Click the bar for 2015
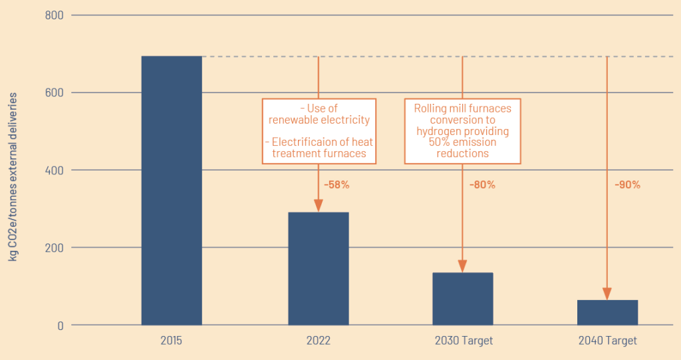coord(172,190)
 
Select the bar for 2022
coord(319,269)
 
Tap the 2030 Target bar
coord(463,299)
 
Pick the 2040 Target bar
coord(607,312)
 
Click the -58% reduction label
coord(337,185)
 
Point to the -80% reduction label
coord(482,185)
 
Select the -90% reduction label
coord(627,185)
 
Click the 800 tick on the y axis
coord(55,15)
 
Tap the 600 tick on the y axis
coord(55,92)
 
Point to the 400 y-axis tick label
coord(55,170)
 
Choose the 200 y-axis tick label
coord(55,248)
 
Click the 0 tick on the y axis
coord(61,325)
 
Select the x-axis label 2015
coord(171,340)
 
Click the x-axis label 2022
coord(319,340)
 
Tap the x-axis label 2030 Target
coord(464,340)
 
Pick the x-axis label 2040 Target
coord(608,340)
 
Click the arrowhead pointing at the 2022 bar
coord(319,206)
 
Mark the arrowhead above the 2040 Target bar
coord(607,294)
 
